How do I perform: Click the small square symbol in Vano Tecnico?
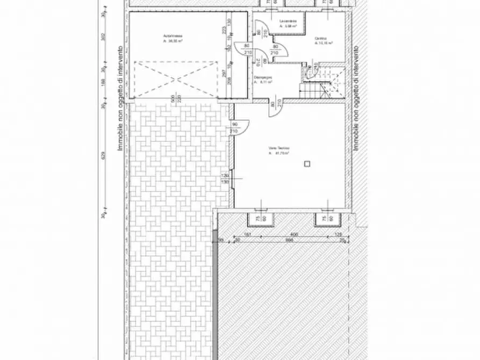click(306, 163)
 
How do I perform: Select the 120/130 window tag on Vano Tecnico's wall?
click(226, 179)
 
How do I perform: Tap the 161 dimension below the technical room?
click(248, 235)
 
